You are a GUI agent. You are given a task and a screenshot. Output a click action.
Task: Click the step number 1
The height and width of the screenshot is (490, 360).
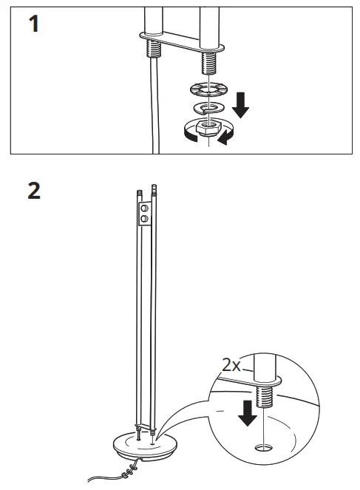coord(32,24)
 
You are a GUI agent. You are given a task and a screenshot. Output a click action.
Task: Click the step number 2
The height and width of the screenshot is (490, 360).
coord(34,191)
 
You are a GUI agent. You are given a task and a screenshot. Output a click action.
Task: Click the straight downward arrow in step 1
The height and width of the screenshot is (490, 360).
coord(240,106)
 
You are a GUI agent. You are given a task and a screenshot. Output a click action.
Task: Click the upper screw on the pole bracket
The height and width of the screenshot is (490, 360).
coord(145,210)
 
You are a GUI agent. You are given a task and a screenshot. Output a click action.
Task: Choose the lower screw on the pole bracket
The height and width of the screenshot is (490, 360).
coord(145,220)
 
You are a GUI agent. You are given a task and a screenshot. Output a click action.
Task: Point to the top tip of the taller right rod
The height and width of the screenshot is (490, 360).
coord(154,187)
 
